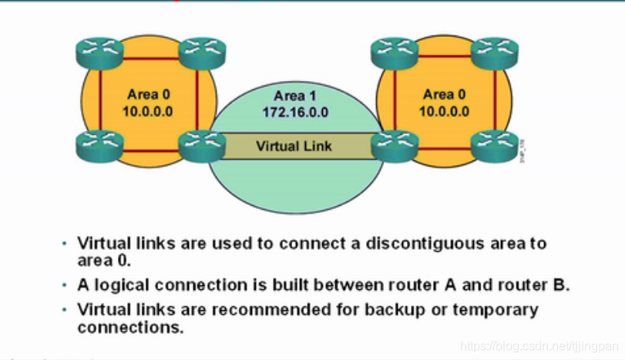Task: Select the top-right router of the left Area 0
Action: tap(202, 52)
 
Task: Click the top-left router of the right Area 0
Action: tap(395, 52)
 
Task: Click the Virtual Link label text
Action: tap(294, 145)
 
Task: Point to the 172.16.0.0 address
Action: tap(296, 113)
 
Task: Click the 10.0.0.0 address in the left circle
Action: tap(147, 111)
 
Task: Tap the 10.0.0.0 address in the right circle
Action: tap(445, 111)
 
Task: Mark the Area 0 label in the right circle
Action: tap(445, 94)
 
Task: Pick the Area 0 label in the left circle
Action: tap(147, 94)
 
